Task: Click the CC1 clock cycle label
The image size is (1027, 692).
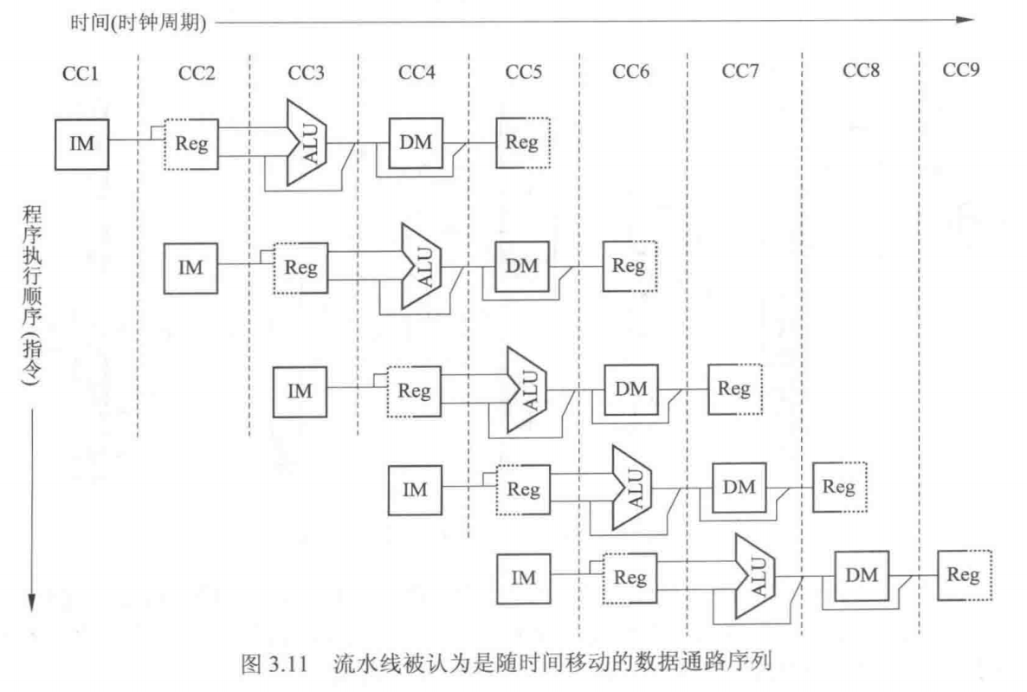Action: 81,72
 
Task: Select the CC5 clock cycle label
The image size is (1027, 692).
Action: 524,72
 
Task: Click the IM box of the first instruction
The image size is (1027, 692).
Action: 81,143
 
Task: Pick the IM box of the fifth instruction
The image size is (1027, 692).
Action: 523,578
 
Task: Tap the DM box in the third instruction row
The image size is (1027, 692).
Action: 630,389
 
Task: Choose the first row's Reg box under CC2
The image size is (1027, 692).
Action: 191,143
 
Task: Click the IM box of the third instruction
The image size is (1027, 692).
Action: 300,391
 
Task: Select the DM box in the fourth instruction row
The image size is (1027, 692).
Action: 739,487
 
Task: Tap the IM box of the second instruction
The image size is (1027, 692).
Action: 191,267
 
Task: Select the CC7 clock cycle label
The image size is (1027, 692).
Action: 740,72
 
